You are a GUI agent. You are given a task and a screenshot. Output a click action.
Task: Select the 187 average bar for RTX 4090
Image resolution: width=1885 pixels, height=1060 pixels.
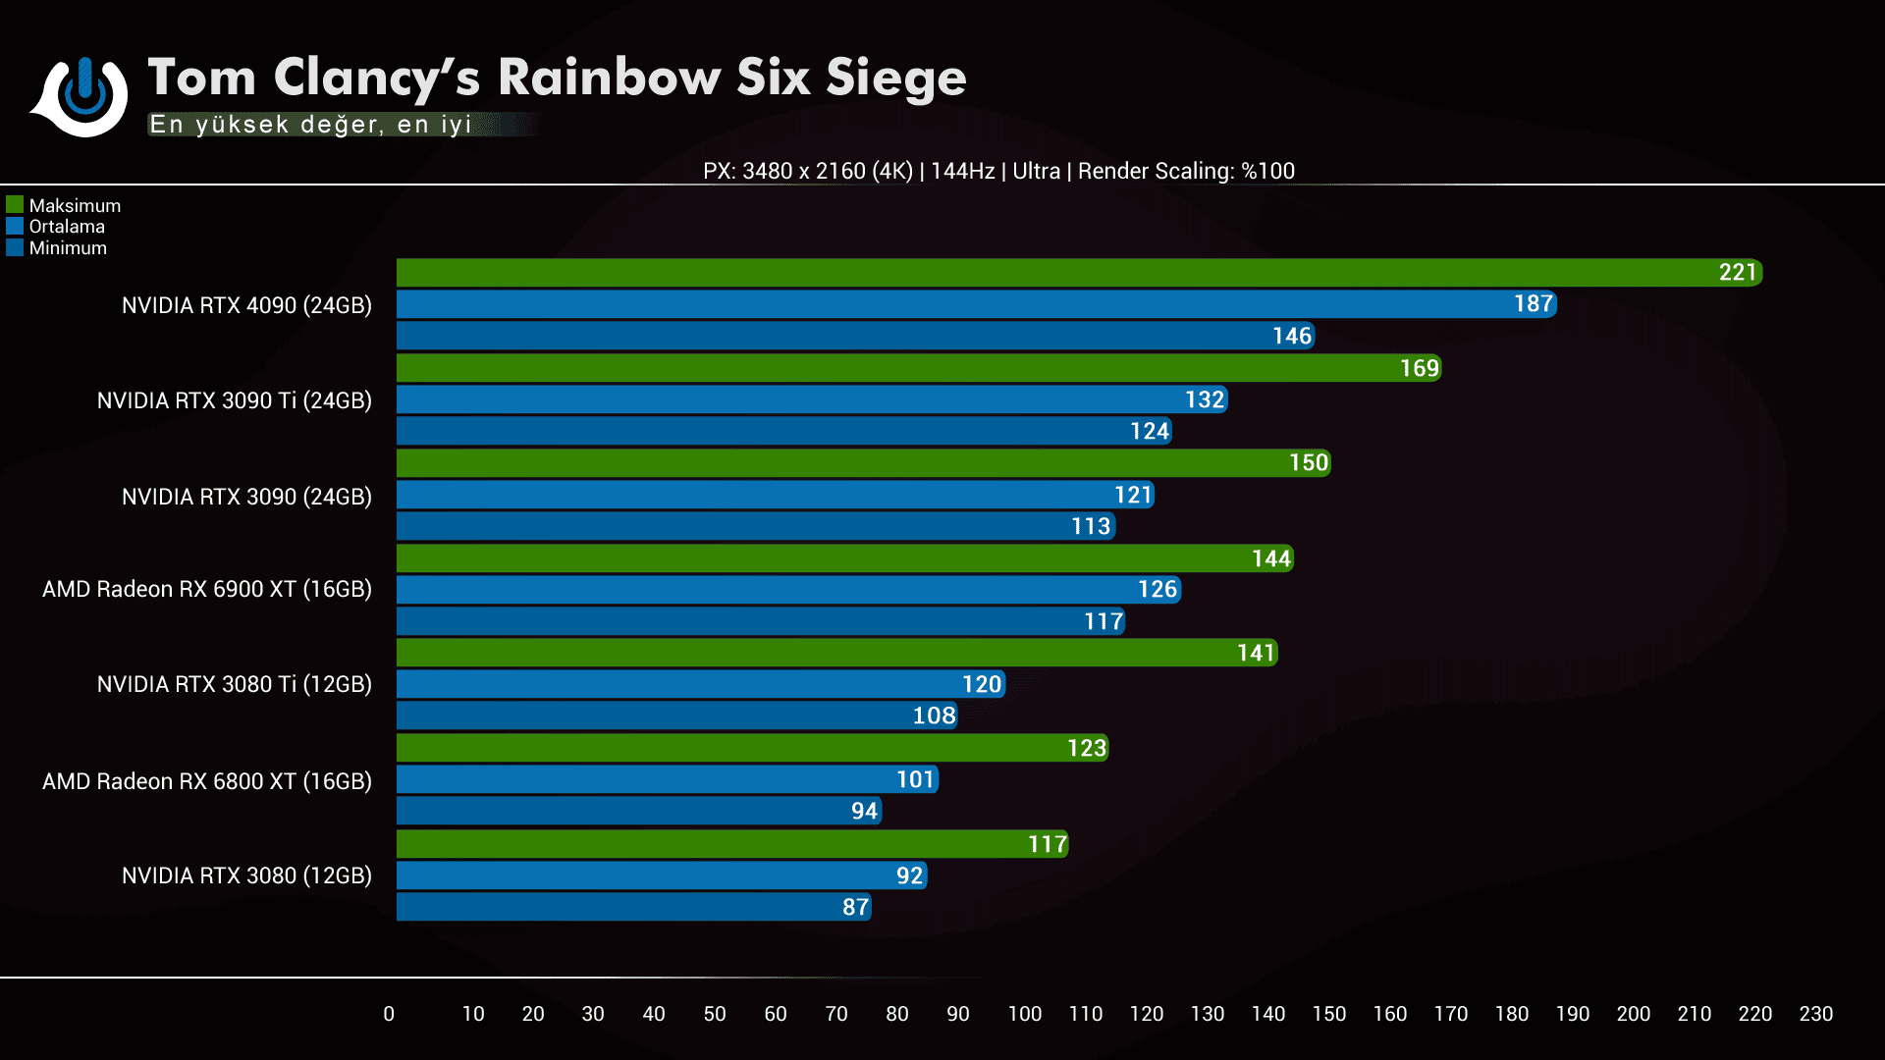click(976, 304)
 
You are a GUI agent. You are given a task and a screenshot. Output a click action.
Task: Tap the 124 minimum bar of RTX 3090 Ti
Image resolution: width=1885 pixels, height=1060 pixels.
click(783, 431)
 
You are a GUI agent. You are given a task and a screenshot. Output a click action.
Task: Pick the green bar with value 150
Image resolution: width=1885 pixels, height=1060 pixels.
click(863, 463)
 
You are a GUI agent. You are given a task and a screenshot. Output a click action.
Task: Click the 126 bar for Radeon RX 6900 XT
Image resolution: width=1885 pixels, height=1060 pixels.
click(788, 590)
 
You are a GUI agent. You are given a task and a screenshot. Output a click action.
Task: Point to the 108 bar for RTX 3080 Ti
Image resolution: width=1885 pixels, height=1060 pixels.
click(676, 715)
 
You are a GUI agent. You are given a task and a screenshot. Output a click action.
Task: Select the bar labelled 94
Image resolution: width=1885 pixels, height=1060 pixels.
click(639, 811)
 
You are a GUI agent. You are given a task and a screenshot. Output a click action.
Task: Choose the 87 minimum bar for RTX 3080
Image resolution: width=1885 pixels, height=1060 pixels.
click(633, 907)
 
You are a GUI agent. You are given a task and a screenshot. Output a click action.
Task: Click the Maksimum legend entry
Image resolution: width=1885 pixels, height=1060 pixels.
click(65, 205)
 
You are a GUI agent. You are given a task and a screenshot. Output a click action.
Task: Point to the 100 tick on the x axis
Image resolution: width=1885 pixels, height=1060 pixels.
click(1024, 1014)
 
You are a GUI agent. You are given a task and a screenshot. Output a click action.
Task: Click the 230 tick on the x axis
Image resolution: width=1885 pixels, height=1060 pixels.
click(1815, 1014)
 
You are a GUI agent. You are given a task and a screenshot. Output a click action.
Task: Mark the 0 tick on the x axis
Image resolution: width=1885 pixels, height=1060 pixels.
click(389, 1014)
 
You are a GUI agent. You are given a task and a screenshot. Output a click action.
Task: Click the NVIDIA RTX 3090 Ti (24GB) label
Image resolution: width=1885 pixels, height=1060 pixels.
click(234, 400)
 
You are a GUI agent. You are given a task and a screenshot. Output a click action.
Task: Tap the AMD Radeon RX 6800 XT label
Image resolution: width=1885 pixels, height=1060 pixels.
click(206, 781)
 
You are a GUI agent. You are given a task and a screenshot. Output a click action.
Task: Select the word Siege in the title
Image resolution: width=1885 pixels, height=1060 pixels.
click(895, 78)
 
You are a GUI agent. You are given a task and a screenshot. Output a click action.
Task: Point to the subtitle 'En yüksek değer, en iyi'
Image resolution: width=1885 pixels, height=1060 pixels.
click(310, 125)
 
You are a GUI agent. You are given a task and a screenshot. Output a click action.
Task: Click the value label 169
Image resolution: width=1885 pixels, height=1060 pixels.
click(1419, 368)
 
